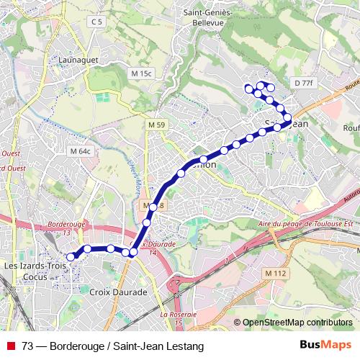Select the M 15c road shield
[143, 73]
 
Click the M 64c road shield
[80, 151]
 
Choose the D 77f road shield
[305, 84]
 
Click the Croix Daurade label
[119, 292]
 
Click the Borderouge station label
[66, 228]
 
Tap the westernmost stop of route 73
[71, 256]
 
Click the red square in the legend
[10, 346]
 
